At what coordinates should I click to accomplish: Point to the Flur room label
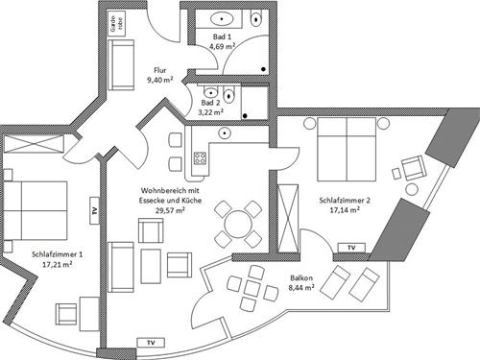click(160, 69)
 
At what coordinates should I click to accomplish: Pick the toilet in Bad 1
click(255, 18)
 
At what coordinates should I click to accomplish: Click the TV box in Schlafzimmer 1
click(93, 211)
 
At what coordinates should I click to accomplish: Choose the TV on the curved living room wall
click(149, 342)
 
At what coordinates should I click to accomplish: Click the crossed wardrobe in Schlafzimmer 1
click(34, 143)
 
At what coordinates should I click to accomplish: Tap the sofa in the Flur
click(123, 65)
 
